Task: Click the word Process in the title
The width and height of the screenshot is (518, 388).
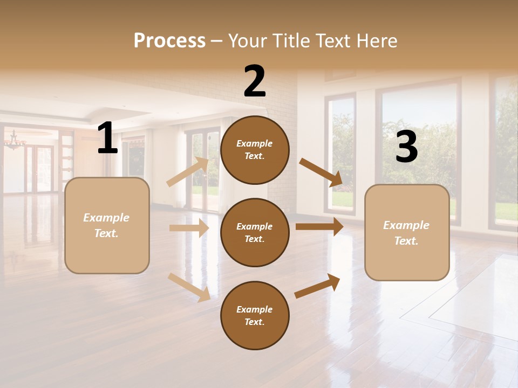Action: click(x=169, y=40)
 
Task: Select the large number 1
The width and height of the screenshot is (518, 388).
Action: click(x=107, y=138)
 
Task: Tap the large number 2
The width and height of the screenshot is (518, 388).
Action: click(x=255, y=81)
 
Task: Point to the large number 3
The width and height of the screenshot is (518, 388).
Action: click(x=406, y=147)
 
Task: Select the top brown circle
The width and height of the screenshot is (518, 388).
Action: click(x=255, y=150)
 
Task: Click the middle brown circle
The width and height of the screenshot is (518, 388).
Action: click(x=255, y=233)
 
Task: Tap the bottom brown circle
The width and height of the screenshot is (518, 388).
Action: click(x=255, y=316)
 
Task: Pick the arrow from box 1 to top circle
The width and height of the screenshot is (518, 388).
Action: click(x=188, y=172)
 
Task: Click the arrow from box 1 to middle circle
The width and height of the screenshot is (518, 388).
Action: click(x=189, y=228)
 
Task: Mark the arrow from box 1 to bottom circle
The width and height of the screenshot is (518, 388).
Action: click(x=189, y=287)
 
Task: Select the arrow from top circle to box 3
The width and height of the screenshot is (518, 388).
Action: click(x=321, y=172)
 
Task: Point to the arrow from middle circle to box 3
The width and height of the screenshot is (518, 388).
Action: click(x=319, y=227)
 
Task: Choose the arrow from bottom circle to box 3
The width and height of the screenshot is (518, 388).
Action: click(x=317, y=286)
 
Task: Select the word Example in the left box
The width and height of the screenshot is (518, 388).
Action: click(x=106, y=218)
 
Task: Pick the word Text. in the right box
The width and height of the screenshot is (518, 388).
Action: click(x=406, y=241)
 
